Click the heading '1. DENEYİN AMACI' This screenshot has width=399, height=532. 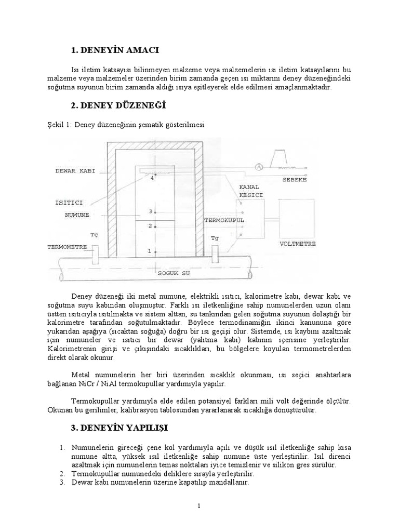point(115,50)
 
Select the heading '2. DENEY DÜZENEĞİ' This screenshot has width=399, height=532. point(118,105)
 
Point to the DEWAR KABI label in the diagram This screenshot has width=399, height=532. point(75,171)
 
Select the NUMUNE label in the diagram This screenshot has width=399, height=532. point(77,214)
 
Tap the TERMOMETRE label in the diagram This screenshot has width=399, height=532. point(66,247)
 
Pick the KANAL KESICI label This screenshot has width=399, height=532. point(251,191)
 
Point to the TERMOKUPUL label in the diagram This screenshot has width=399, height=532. point(224,220)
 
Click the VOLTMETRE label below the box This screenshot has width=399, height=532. point(298,243)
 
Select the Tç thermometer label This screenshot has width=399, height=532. point(94,234)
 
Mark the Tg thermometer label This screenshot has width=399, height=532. point(215,238)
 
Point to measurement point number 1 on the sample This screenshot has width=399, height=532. point(150,251)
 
